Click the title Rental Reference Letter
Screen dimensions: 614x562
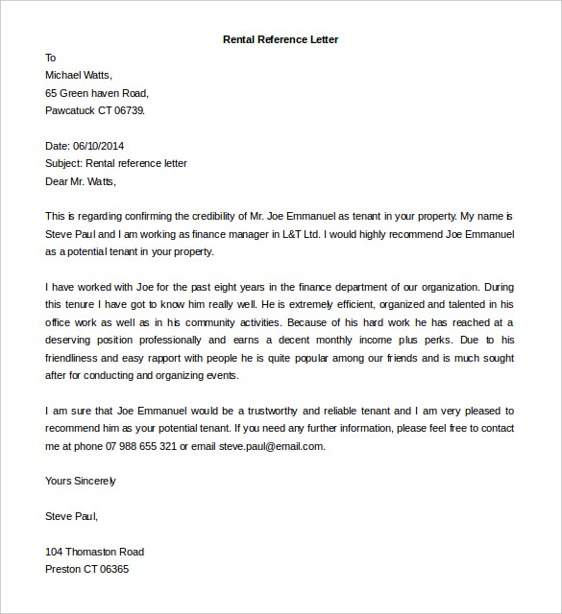pyautogui.click(x=281, y=39)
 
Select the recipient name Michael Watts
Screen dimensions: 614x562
pyautogui.click(x=79, y=75)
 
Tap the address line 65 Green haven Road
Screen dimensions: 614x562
pyautogui.click(x=97, y=93)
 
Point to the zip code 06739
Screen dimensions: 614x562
pyautogui.click(x=129, y=110)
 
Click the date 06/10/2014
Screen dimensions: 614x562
pyautogui.click(x=99, y=146)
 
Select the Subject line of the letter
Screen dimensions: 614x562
pyautogui.click(x=116, y=163)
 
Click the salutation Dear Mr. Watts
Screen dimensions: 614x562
pyautogui.click(x=81, y=180)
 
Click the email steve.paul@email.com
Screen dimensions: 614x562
pyautogui.click(x=271, y=446)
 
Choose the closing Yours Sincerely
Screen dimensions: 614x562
pyautogui.click(x=81, y=481)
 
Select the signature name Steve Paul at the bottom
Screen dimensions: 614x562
pyautogui.click(x=71, y=516)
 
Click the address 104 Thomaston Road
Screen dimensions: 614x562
pyautogui.click(x=94, y=552)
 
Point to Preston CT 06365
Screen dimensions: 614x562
pyautogui.click(x=86, y=569)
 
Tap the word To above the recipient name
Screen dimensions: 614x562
pyautogui.click(x=51, y=58)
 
